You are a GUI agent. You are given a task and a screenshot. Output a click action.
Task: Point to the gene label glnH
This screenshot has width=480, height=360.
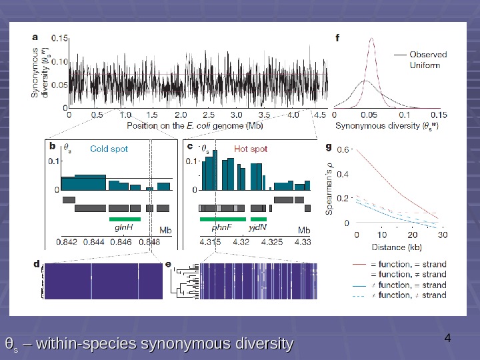[x=123, y=227]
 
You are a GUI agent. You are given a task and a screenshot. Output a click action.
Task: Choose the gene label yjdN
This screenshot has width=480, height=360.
[x=258, y=227]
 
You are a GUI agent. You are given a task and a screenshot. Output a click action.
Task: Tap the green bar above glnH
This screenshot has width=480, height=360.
[x=125, y=218]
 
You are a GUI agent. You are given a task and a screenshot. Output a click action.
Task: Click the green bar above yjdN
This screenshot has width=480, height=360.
[x=258, y=218]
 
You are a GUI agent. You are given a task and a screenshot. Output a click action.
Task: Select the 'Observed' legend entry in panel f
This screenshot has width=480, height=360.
[x=427, y=55]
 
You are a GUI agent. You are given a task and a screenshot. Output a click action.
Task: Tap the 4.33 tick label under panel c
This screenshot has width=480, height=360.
[x=302, y=241]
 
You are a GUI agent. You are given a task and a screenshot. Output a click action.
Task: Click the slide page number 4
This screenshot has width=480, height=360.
[x=447, y=338]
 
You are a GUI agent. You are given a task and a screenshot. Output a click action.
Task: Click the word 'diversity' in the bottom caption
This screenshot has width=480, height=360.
[x=261, y=344]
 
